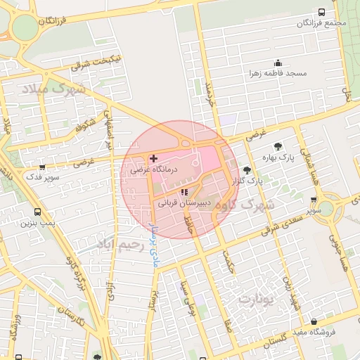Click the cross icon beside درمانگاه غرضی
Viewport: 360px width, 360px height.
[153, 158]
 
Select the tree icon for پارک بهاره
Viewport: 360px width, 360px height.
[278, 146]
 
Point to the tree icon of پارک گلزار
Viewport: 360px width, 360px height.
[247, 170]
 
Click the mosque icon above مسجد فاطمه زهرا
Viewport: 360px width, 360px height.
[278, 63]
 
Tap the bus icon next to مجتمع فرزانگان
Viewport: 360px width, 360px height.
[321, 13]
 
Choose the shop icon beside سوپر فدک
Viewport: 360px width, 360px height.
[43, 168]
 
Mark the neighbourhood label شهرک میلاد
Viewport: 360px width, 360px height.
[53, 89]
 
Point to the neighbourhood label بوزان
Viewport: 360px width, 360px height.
[259, 299]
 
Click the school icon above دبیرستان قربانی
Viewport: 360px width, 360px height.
[184, 192]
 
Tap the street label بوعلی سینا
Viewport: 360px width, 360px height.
[184, 295]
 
